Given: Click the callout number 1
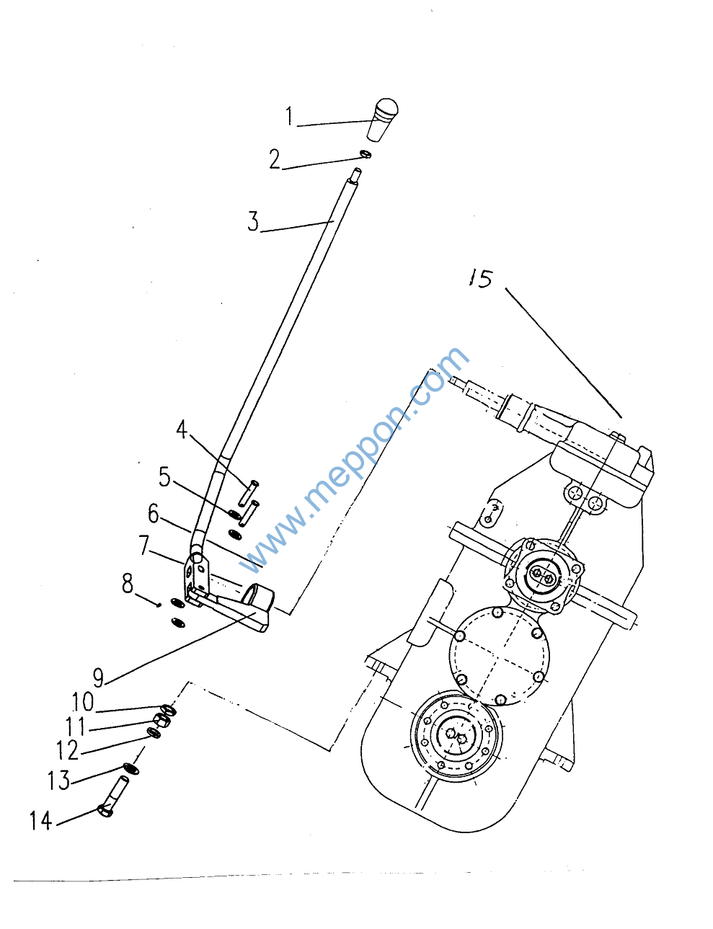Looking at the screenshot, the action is tap(289, 116).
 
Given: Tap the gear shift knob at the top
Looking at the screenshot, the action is tap(382, 119).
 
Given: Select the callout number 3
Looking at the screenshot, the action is tap(253, 222).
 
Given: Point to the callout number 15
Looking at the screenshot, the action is tap(481, 279).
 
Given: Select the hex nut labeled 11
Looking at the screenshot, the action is tap(161, 721).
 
